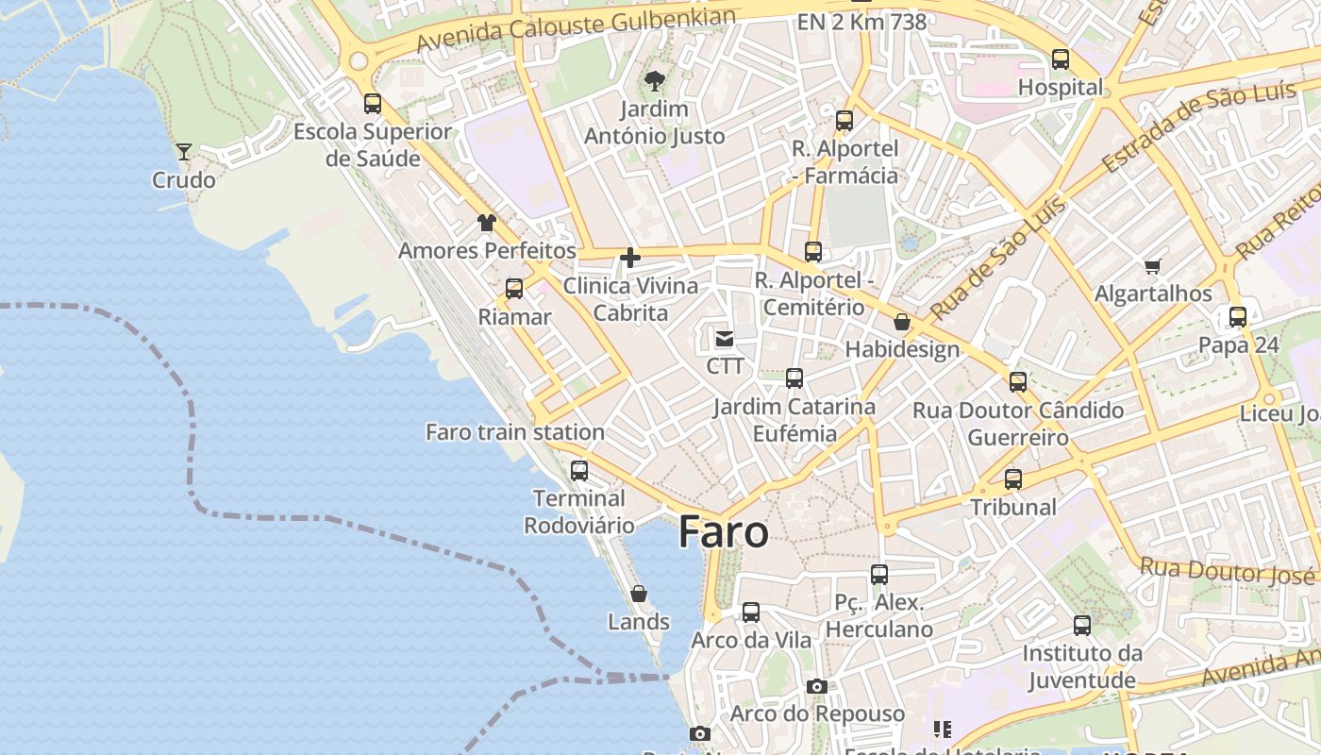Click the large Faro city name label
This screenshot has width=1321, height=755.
[x=723, y=533]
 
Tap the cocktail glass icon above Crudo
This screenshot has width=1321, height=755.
[x=184, y=151]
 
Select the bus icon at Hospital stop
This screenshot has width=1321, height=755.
[x=1061, y=59]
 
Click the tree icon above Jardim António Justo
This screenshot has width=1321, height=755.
[x=654, y=81]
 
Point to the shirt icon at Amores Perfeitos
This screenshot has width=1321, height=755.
[x=486, y=223]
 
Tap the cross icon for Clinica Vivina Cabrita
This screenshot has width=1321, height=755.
[x=630, y=257]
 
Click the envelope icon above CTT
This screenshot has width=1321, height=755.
[x=725, y=338]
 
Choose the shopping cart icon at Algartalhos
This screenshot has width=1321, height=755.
[x=1152, y=266]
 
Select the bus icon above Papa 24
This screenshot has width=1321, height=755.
[x=1238, y=317]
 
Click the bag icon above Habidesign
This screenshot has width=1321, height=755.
[x=902, y=322]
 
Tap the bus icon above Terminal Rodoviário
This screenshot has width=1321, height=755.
[x=579, y=470]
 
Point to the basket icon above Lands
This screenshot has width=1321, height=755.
[x=639, y=594]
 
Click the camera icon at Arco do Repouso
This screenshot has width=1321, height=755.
[x=817, y=686]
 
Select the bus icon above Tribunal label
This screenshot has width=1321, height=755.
[x=1013, y=479]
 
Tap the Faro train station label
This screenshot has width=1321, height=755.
[x=515, y=432]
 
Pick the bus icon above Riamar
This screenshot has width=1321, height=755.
[x=514, y=289]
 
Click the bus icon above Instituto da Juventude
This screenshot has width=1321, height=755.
[x=1082, y=626]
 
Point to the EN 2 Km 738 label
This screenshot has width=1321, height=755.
[x=861, y=22]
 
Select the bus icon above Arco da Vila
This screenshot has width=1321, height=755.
[x=751, y=612]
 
